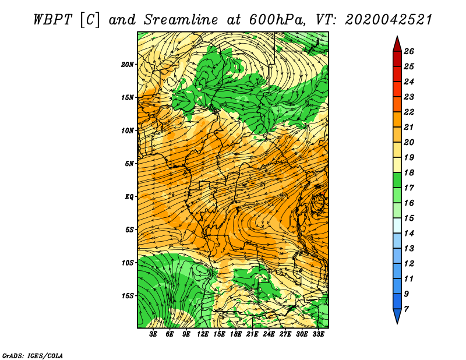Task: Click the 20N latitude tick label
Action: (x=128, y=65)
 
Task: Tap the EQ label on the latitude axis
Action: (x=129, y=197)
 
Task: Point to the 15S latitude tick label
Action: (x=128, y=296)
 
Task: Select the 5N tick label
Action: (x=129, y=164)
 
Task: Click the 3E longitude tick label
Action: (x=153, y=334)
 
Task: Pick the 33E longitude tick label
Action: (x=318, y=334)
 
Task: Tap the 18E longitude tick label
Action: (x=236, y=334)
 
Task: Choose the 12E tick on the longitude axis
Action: (x=203, y=334)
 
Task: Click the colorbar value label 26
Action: (x=409, y=51)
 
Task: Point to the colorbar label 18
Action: (x=409, y=172)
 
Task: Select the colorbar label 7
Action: (x=406, y=309)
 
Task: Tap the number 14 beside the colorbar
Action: (x=409, y=234)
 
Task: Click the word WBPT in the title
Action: (x=52, y=20)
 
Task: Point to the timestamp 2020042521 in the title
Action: (x=389, y=20)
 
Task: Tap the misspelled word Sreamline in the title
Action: (x=181, y=20)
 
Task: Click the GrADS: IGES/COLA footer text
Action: (x=33, y=355)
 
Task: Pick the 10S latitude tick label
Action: (x=128, y=263)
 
